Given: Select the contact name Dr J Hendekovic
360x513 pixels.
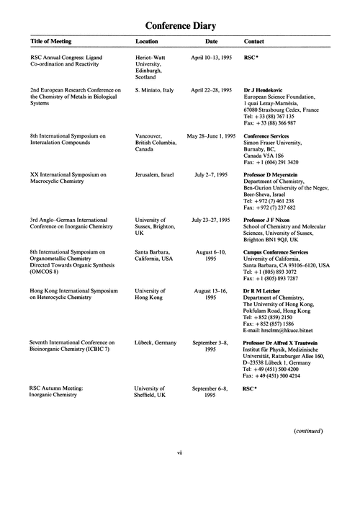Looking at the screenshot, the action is coord(271,89).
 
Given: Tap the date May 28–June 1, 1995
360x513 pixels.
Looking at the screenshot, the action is coord(211,135).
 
